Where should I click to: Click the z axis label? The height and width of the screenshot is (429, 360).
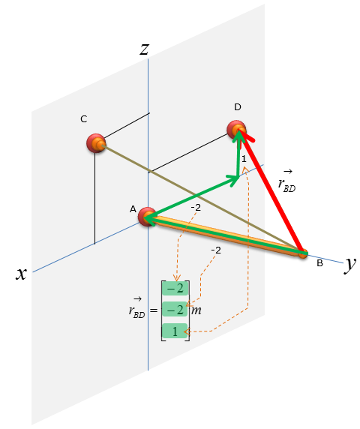tap(145, 49)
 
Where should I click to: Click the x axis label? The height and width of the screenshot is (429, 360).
tap(21, 274)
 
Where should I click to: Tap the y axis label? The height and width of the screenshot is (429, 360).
tap(350, 264)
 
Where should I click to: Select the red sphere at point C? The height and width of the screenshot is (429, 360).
tap(96, 143)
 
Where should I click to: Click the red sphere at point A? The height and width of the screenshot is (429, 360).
tap(147, 217)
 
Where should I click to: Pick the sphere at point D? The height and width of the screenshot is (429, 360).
tap(236, 130)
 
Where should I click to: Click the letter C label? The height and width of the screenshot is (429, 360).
tap(84, 119)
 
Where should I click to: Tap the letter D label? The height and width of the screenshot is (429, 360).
tap(238, 107)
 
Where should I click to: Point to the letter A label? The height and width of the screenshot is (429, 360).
tap(133, 209)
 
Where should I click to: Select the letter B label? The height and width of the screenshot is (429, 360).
tap(319, 263)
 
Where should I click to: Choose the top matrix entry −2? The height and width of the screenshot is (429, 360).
tap(175, 288)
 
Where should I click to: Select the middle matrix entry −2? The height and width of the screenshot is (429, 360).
tap(175, 310)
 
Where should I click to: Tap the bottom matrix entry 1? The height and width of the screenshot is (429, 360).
tap(175, 331)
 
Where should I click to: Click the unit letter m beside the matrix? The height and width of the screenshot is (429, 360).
tap(196, 310)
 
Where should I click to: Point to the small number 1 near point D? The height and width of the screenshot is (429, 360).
tap(244, 159)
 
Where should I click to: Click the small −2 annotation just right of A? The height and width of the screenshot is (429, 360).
tap(196, 208)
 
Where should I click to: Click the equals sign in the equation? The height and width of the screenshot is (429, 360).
tap(154, 310)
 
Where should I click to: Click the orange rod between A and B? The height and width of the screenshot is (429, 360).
tap(225, 235)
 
